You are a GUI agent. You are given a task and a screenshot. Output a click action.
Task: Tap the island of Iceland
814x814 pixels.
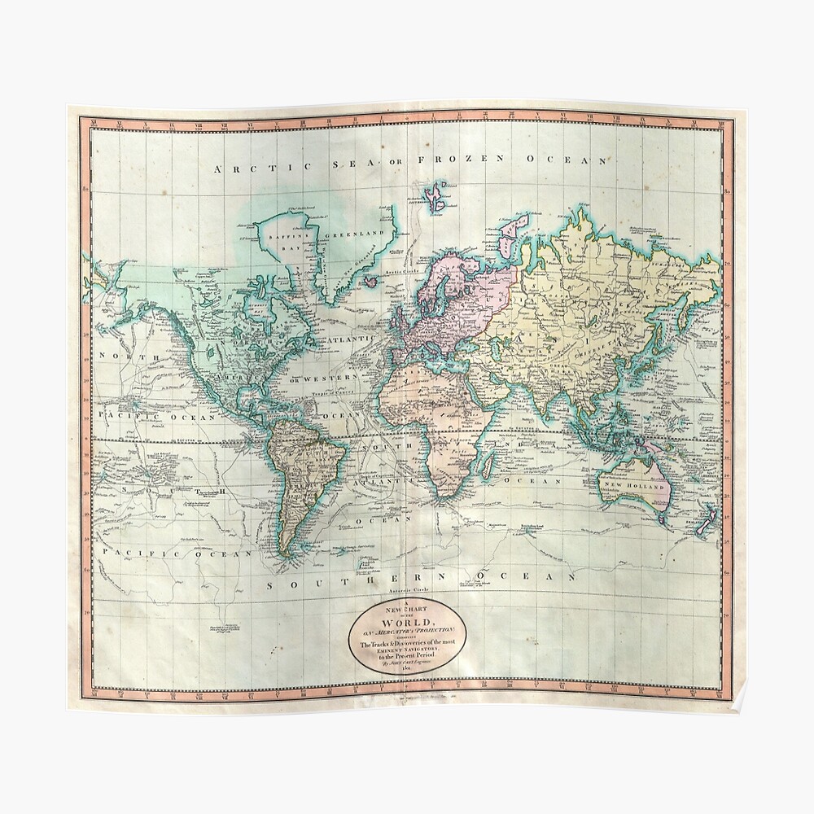370,282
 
